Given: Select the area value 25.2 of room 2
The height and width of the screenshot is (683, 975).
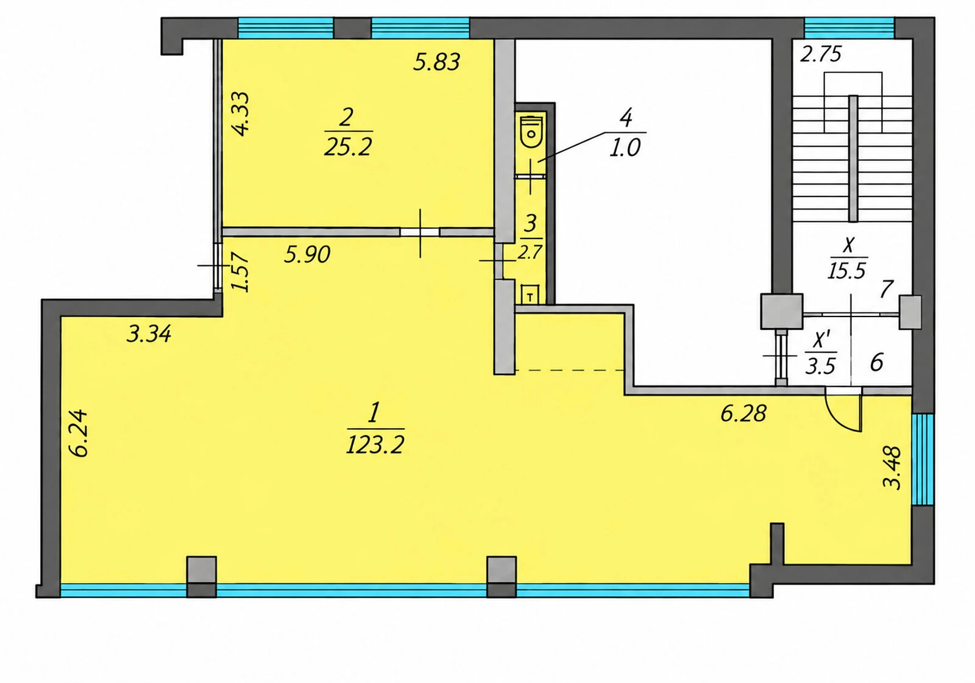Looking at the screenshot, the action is [348, 148].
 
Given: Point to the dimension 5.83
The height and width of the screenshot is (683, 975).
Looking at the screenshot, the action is [436, 62].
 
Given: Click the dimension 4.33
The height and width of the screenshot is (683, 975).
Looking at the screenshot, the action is [240, 113].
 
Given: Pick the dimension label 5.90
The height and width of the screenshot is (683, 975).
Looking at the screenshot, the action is [307, 254].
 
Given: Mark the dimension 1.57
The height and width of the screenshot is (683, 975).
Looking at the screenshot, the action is [240, 272].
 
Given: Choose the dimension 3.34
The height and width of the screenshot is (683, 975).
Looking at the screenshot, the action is [149, 334].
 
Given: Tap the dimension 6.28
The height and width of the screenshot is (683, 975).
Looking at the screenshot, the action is [743, 413].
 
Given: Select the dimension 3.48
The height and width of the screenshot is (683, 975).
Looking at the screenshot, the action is [892, 467].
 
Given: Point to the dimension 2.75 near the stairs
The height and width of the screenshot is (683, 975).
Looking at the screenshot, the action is [821, 54].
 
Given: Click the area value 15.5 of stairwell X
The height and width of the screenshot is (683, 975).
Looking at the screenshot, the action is [846, 271].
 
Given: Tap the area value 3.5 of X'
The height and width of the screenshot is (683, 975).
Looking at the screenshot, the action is [820, 367].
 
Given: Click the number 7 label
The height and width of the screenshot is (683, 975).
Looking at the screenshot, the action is [887, 289].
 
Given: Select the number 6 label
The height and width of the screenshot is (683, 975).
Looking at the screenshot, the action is [877, 362].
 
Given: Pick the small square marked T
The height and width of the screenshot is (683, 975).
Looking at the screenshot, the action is [530, 295].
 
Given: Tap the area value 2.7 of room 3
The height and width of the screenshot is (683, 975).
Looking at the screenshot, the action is [530, 252].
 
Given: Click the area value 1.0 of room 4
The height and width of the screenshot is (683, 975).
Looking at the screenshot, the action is [625, 148].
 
